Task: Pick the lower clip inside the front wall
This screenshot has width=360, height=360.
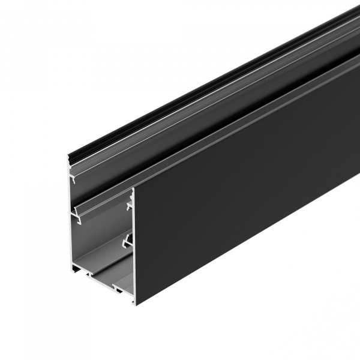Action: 125,242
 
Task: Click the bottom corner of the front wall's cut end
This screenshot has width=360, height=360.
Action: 134,303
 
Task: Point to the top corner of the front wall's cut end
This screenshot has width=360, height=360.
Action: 133,188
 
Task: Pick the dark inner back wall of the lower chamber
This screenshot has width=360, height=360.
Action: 99,240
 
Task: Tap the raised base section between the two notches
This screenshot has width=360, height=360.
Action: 105,282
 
